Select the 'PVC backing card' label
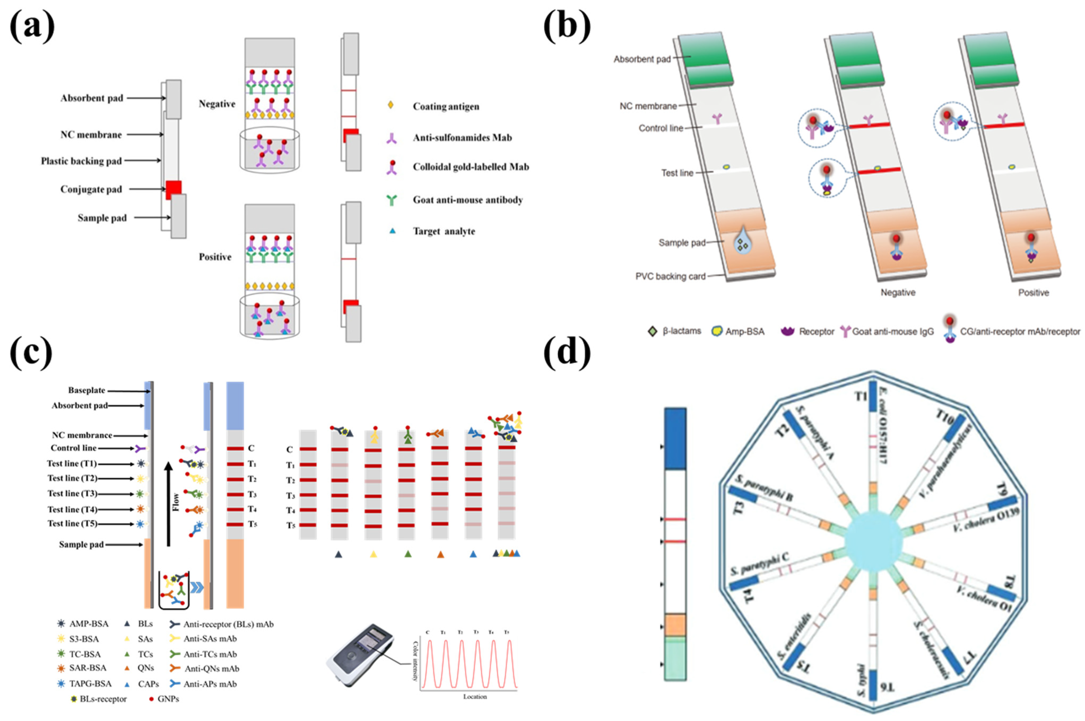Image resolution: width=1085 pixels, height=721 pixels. [x=670, y=276]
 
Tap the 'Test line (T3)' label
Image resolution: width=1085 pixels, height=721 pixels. [x=72, y=493]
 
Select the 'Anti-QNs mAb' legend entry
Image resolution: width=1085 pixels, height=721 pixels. [x=211, y=668]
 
